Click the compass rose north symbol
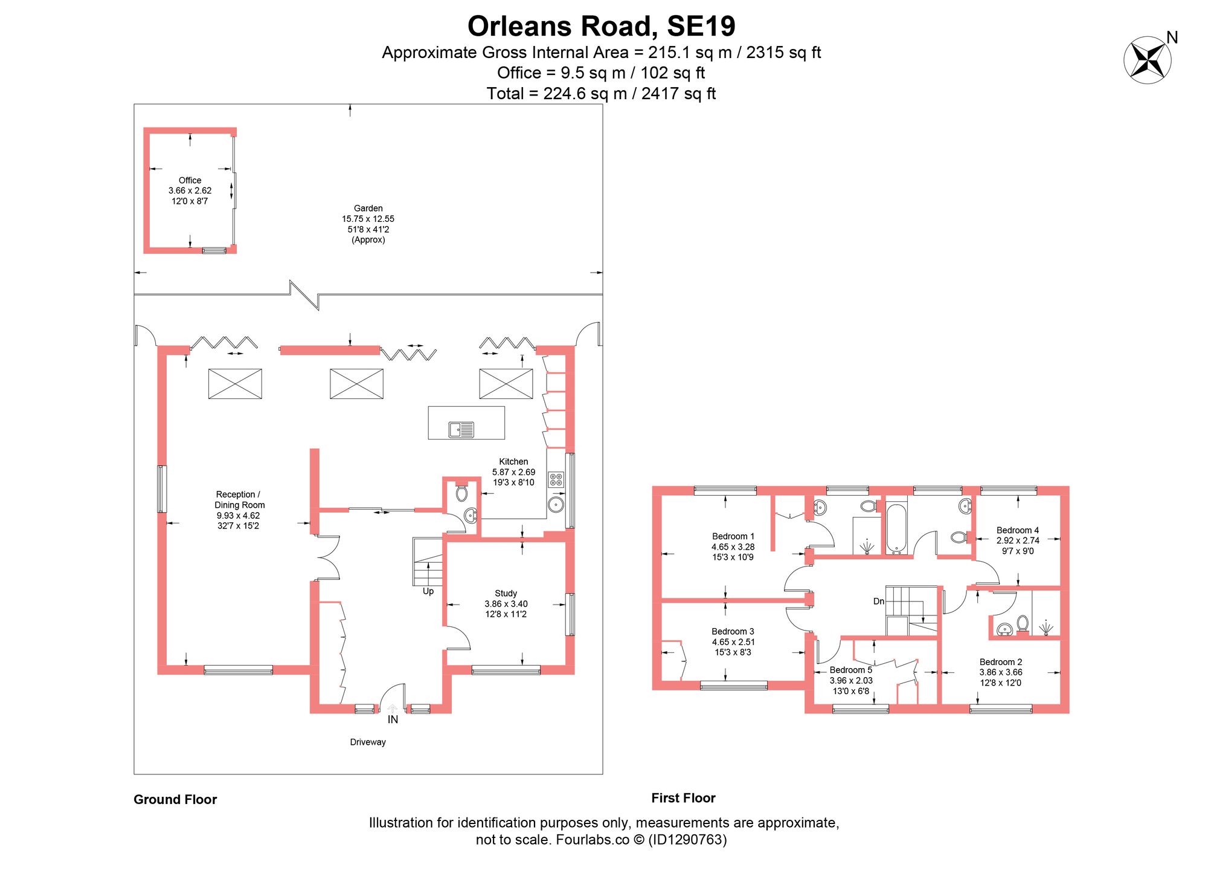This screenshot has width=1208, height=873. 1148,60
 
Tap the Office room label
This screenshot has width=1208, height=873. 190,180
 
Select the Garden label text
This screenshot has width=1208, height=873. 368,208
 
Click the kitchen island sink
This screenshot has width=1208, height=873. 461,430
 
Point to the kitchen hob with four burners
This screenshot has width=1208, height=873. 556,480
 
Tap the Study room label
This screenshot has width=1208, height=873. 506,593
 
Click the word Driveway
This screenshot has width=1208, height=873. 368,742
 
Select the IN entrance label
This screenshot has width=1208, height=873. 393,719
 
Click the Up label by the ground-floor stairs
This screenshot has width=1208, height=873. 428,591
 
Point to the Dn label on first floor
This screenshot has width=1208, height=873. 879,601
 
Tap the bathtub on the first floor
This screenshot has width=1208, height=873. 896,529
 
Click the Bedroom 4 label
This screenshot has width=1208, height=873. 1018,530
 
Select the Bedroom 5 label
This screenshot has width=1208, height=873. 851,670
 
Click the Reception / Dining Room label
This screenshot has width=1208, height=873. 239,499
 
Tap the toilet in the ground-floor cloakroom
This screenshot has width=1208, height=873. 462,492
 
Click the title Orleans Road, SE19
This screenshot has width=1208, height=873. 602,26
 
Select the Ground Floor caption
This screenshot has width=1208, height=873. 175,799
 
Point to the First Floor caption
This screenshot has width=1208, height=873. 683,798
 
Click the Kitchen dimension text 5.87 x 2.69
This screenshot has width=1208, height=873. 513,472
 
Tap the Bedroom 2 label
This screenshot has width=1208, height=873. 1001,662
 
